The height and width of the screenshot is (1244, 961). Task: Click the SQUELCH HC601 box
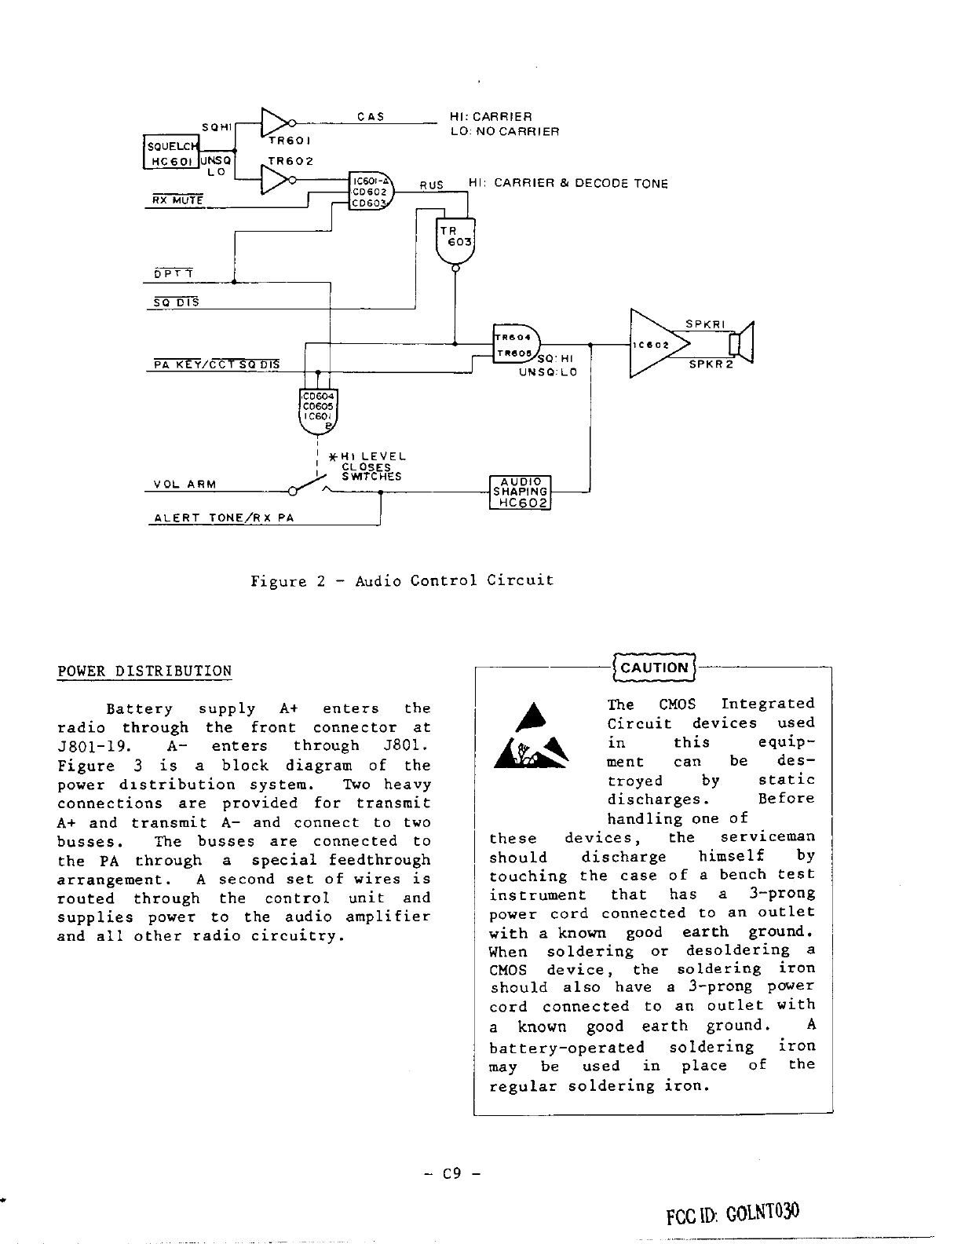(171, 152)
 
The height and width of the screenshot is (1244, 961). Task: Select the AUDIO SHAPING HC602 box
(520, 492)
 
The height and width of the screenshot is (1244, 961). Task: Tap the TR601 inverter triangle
(274, 123)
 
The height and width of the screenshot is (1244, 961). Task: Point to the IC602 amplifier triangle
(656, 344)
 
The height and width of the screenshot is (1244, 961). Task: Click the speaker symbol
(740, 344)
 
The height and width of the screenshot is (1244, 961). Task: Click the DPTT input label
(173, 274)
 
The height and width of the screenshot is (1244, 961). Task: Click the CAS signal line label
(370, 117)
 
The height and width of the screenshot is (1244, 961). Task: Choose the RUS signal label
(431, 185)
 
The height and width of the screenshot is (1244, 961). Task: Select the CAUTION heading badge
(653, 668)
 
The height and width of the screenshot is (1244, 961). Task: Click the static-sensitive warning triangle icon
(532, 738)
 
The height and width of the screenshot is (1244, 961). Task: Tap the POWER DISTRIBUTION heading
(144, 671)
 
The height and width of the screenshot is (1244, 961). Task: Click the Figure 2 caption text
(401, 581)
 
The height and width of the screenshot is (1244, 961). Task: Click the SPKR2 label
(710, 365)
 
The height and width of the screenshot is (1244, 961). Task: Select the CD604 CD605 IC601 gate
(319, 412)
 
